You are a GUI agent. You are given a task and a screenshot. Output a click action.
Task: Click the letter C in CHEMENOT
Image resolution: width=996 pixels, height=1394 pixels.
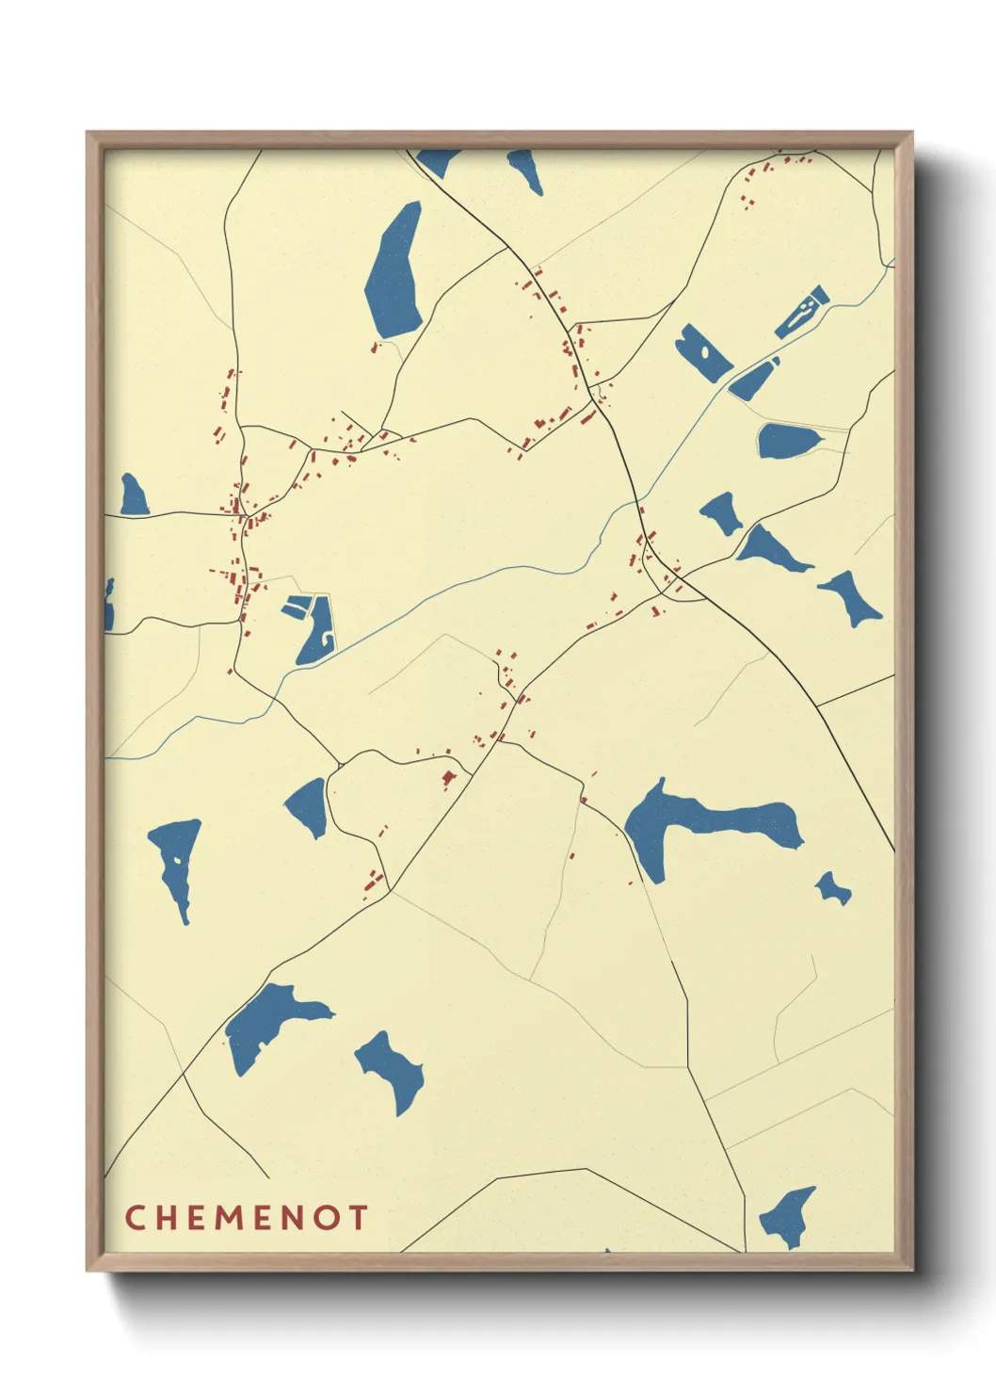click(x=135, y=1217)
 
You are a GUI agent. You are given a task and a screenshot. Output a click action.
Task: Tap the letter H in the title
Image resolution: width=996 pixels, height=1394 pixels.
click(x=167, y=1217)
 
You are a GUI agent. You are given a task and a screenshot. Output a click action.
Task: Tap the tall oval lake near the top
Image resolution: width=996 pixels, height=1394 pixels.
click(x=394, y=270)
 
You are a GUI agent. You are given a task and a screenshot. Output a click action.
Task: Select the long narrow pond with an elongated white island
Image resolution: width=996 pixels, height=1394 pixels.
click(x=802, y=313)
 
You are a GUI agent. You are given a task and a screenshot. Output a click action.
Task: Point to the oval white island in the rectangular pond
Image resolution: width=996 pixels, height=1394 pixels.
click(x=703, y=353)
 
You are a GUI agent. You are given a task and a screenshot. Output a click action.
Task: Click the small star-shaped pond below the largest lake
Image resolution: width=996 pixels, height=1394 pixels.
click(x=832, y=888)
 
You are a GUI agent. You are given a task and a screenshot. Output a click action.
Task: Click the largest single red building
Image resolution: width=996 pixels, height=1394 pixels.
click(x=449, y=778)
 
